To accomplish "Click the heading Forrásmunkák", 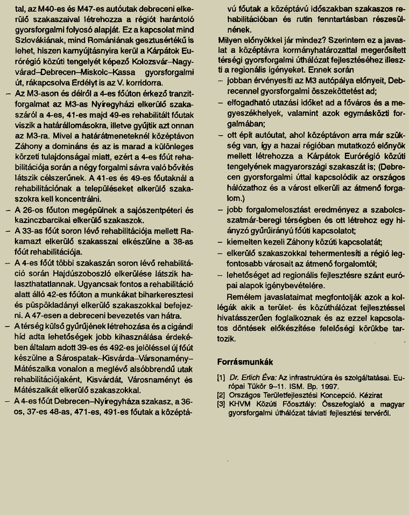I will point(245,361).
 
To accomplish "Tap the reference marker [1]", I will point(221,378).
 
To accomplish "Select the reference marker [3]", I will point(221,404).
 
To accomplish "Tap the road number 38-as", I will point(184,241).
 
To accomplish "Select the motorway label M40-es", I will point(49,9).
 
